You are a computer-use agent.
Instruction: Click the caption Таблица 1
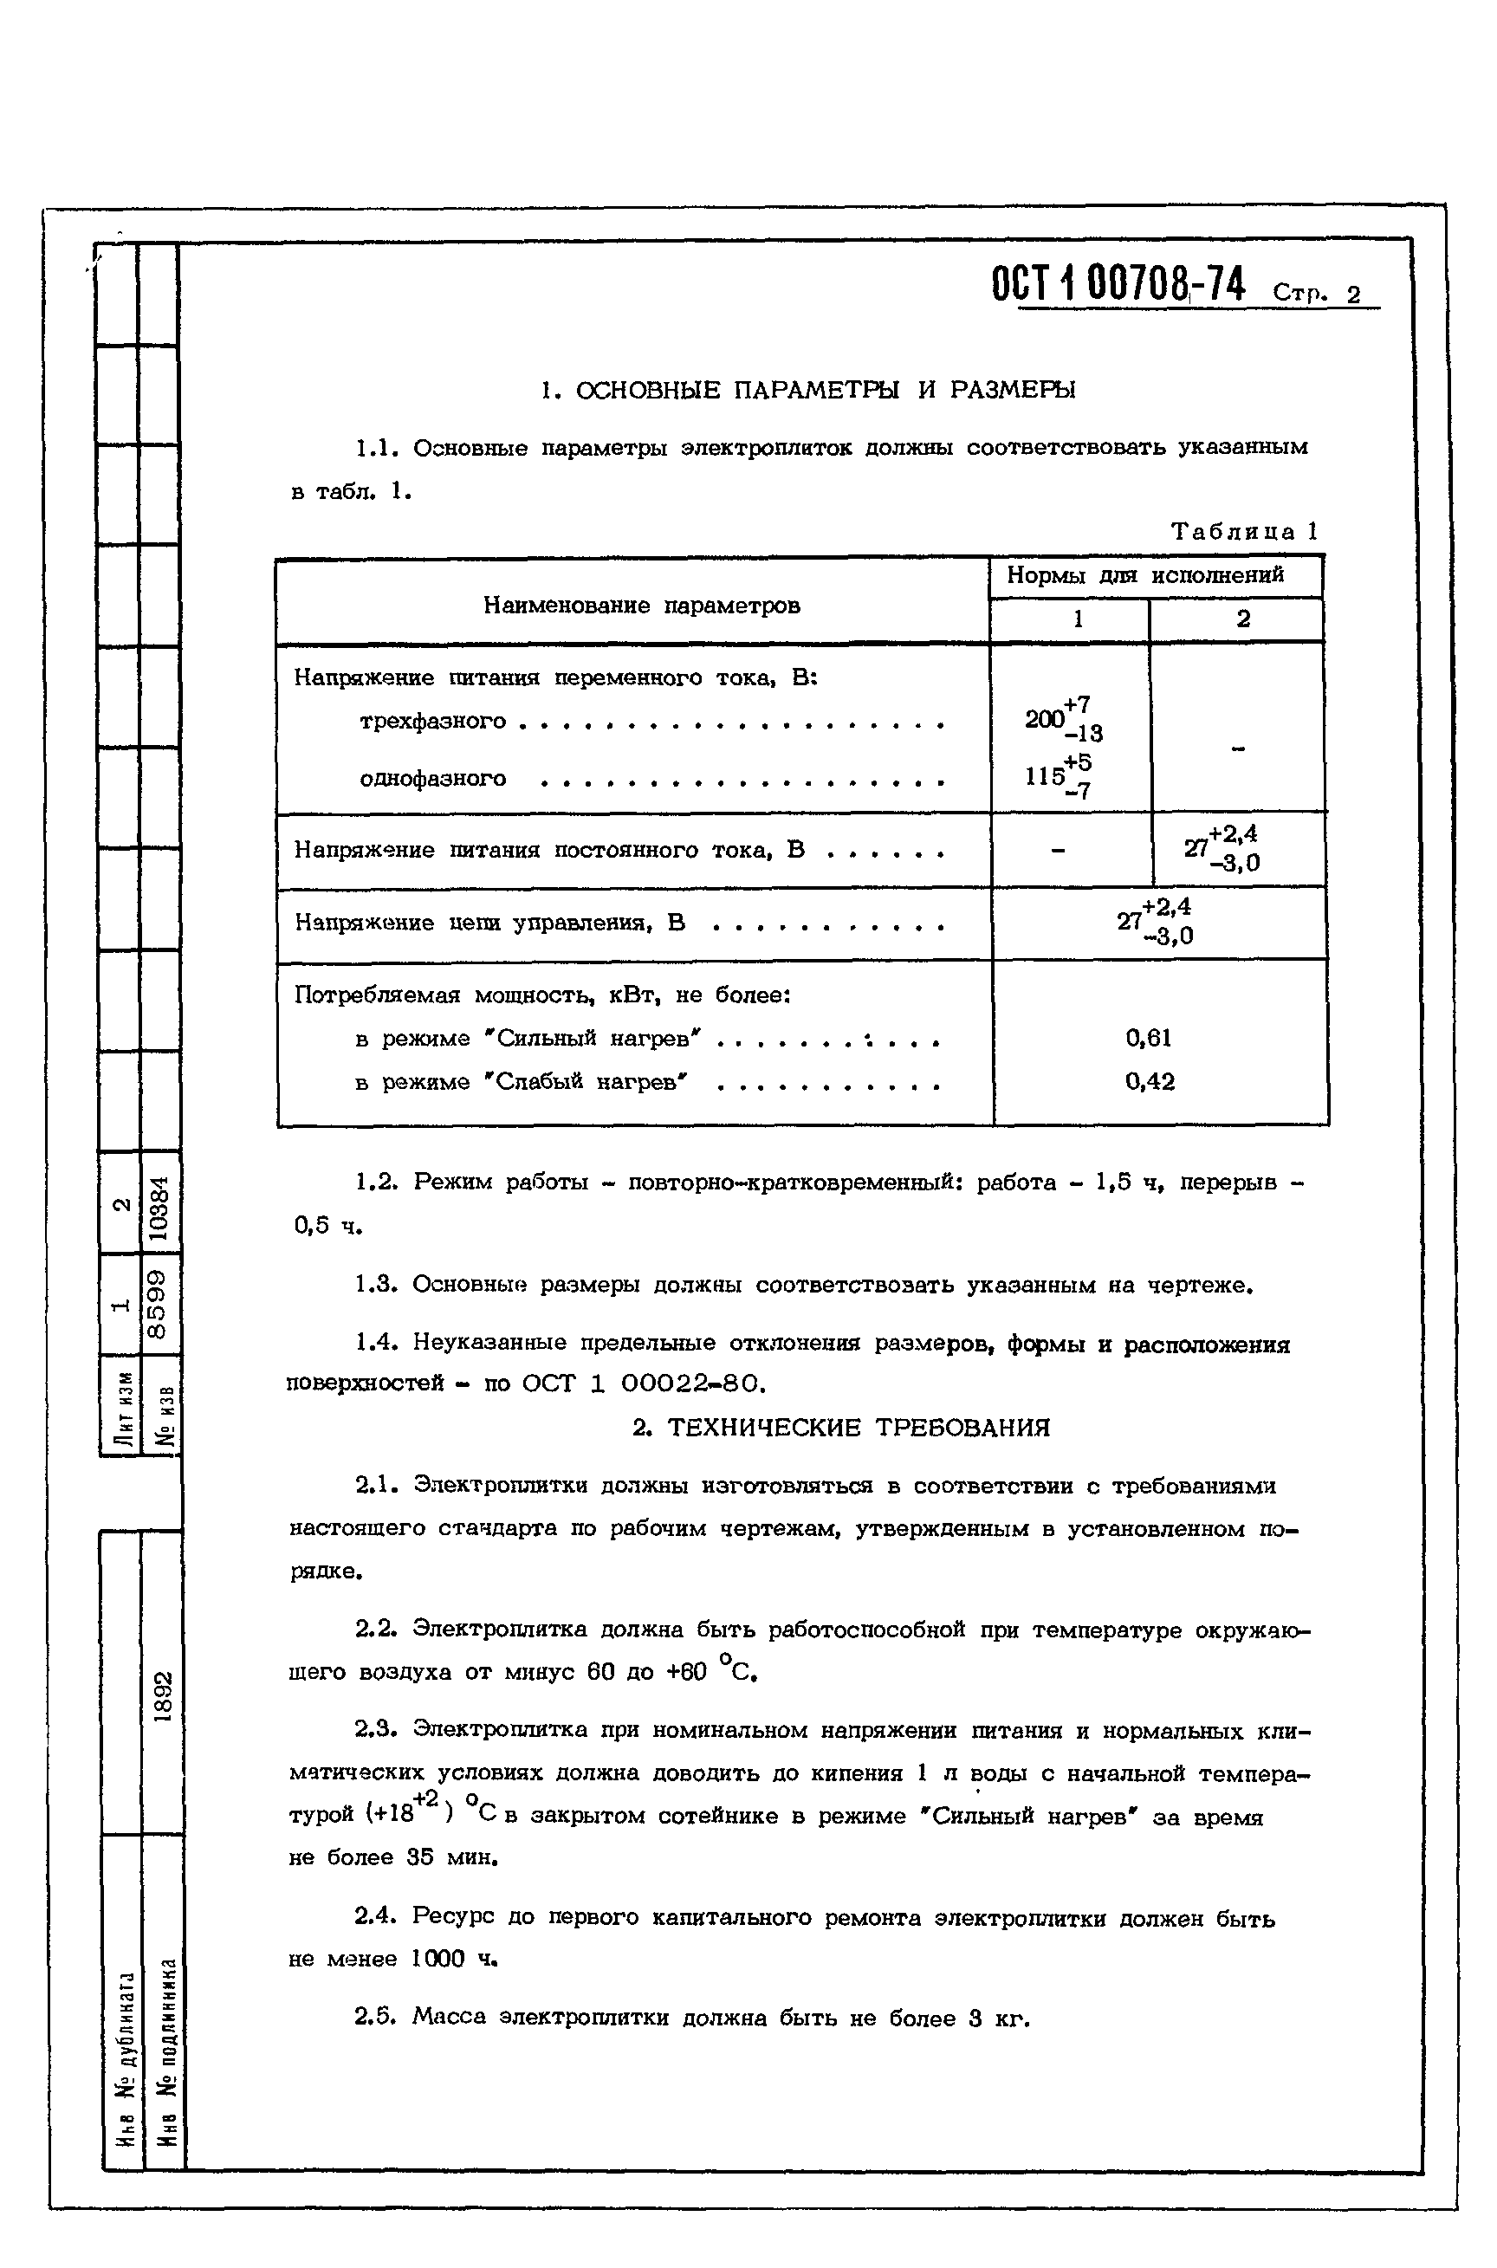[1244, 532]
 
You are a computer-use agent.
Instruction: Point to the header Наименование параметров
[642, 606]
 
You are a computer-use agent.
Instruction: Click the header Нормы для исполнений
[1144, 575]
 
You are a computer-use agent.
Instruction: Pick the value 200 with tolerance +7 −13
[1060, 719]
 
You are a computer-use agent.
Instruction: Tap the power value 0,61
[1149, 1038]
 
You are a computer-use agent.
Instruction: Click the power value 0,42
[1150, 1081]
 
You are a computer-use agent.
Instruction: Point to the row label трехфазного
[432, 721]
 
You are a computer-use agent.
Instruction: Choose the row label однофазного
[432, 779]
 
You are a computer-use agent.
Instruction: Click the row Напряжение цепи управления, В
[489, 922]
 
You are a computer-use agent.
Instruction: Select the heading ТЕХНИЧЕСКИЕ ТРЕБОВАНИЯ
[840, 1428]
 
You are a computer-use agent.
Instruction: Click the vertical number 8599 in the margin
[159, 1303]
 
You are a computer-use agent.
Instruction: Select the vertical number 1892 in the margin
[163, 1696]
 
